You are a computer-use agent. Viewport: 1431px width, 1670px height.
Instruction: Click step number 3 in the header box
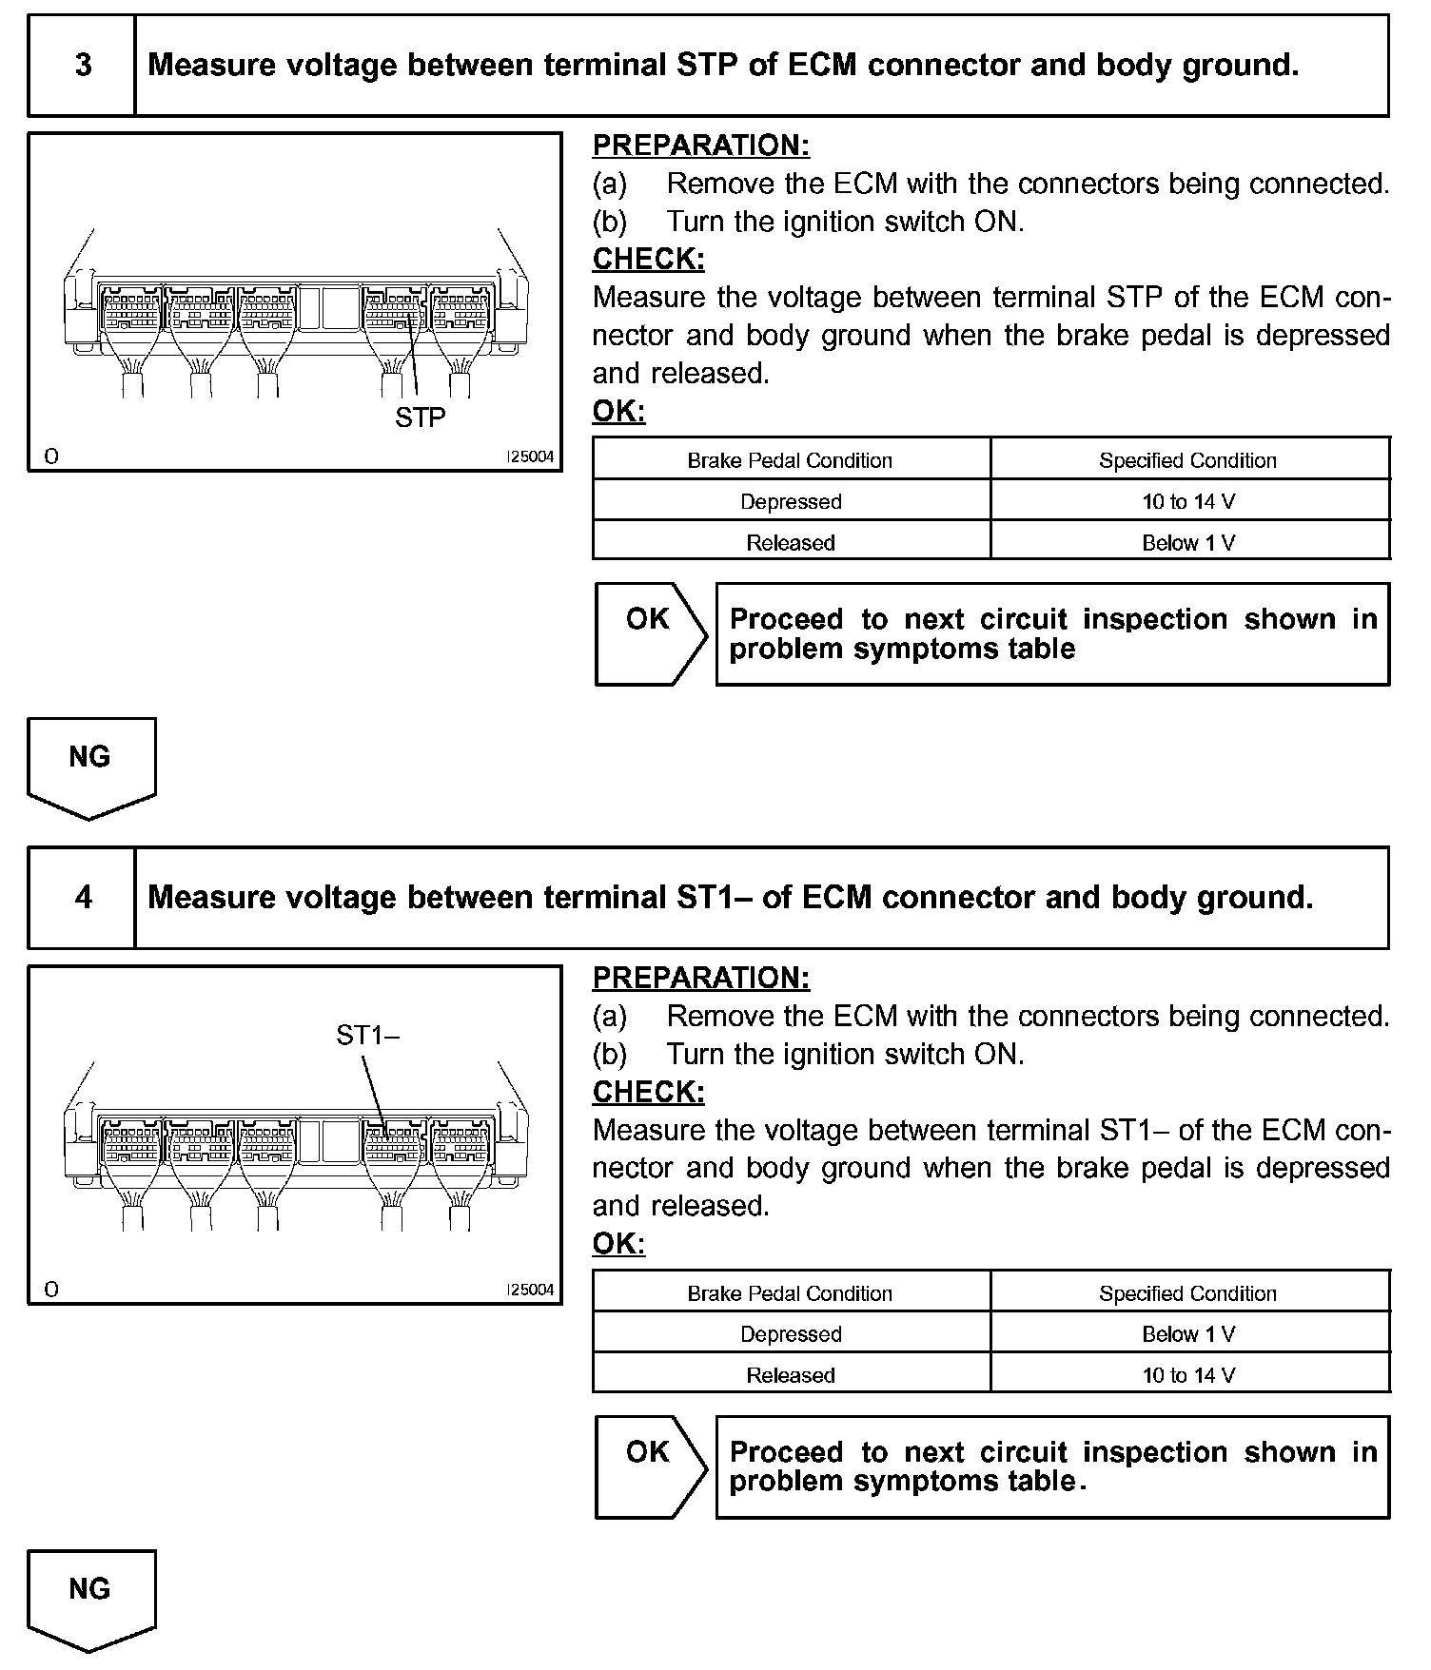coord(83,66)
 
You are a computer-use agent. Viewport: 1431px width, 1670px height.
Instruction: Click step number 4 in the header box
coord(83,898)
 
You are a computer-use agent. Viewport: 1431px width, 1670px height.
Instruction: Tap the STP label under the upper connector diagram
coord(420,417)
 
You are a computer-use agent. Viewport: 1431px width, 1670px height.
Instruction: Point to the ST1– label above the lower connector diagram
coord(367,1035)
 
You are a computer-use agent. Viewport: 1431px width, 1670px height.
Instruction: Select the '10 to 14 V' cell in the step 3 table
coord(1188,501)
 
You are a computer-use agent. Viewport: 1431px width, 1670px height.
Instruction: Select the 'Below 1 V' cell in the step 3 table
coord(1188,543)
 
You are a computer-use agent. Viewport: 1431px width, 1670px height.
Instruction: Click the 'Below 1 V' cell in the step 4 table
coord(1188,1334)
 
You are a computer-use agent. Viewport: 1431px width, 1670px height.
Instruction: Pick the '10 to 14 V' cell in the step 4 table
coord(1188,1375)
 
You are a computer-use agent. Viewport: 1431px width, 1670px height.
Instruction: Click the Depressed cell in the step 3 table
coord(791,501)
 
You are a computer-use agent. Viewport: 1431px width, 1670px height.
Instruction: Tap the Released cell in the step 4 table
coord(791,1375)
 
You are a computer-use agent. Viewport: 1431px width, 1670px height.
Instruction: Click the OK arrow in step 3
coord(650,633)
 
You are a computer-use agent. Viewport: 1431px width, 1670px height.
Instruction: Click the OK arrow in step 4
coord(650,1466)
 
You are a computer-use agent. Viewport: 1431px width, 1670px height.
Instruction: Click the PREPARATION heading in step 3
coord(701,146)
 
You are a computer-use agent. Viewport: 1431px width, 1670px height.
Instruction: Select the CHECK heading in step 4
coord(649,1092)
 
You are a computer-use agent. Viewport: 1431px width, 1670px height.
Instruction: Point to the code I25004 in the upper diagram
coord(530,456)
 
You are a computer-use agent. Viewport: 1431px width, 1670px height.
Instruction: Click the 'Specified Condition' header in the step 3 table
coord(1188,460)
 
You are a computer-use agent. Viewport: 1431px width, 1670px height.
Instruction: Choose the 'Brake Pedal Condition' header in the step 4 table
coord(791,1293)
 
